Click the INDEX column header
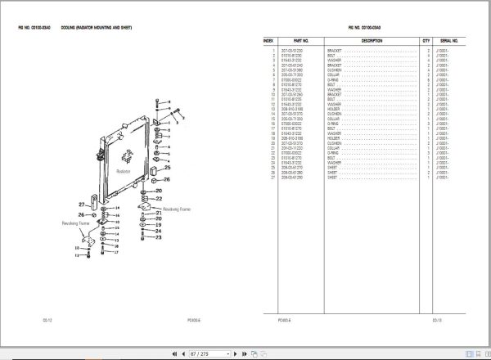pos(268,39)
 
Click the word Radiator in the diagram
pos(124,173)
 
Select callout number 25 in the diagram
pos(167,169)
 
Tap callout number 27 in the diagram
pos(82,204)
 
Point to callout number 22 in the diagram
pos(160,198)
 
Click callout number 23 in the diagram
pos(160,238)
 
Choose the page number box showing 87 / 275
pos(199,353)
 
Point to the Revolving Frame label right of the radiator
pos(177,209)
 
